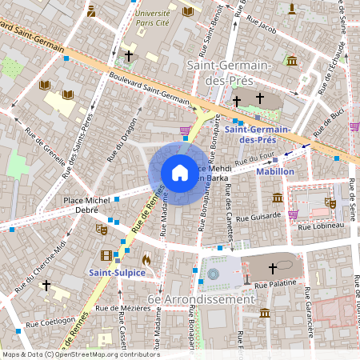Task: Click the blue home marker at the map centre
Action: (x=180, y=173)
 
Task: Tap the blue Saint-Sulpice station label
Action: (x=117, y=273)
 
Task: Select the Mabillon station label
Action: (x=275, y=171)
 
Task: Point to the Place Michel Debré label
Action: (x=85, y=203)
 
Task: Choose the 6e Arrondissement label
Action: (x=207, y=298)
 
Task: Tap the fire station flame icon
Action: (x=145, y=260)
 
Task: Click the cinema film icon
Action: (x=106, y=255)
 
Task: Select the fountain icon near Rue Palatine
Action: (x=213, y=274)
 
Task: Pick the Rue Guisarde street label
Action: (x=254, y=214)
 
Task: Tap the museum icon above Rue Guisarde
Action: (x=277, y=198)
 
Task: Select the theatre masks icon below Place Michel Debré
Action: (x=101, y=229)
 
